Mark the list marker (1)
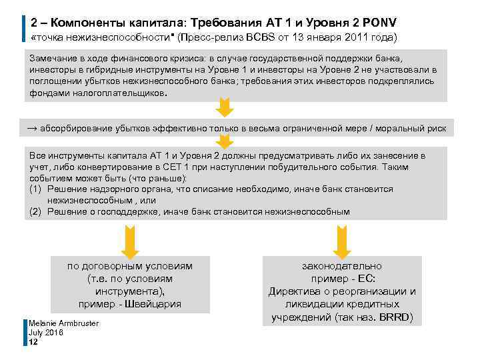pos(36,189)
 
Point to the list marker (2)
pos(36,212)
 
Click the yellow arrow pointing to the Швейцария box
pos(130,241)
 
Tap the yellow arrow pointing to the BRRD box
pos(342,241)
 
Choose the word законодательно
pos(342,266)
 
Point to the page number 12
pos(33,342)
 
